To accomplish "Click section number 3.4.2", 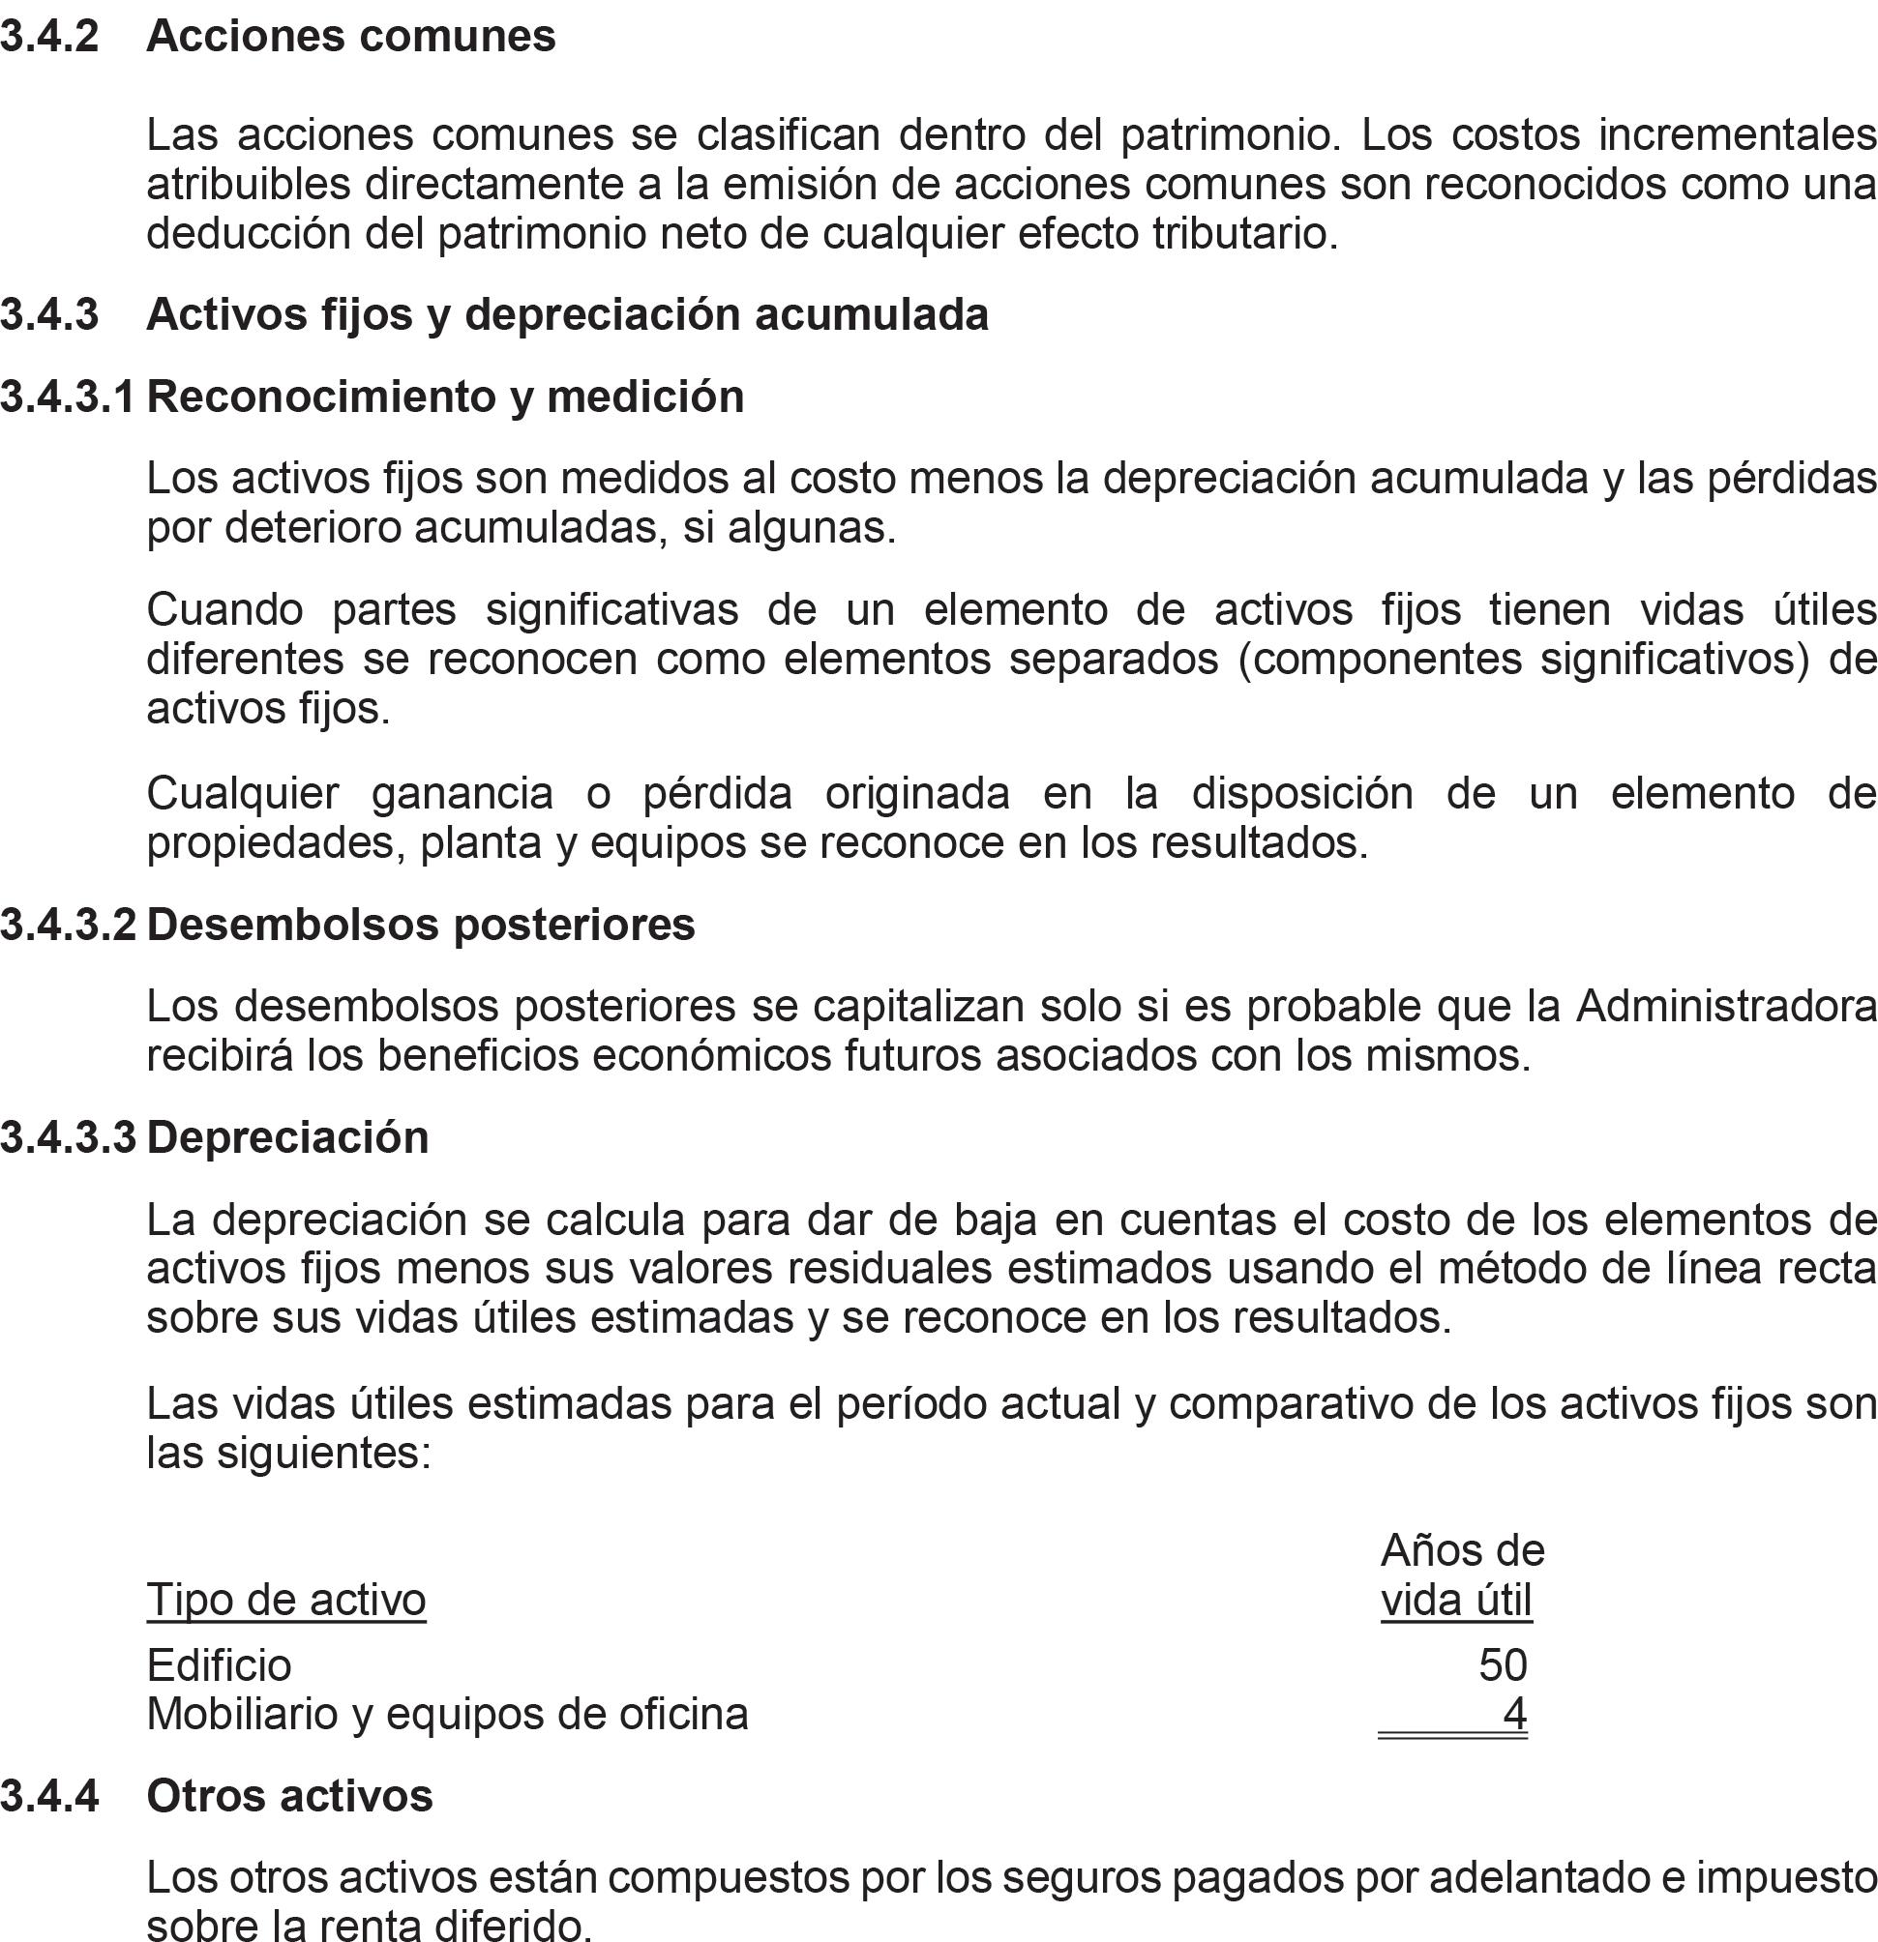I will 49,37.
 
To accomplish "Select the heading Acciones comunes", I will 351,37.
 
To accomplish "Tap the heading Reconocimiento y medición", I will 445,397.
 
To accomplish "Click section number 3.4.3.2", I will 69,925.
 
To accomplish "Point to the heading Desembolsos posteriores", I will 420,925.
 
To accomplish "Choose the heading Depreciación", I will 287,1137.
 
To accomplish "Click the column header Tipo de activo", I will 286,1601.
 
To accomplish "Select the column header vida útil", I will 1456,1601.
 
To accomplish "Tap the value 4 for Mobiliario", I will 1514,1714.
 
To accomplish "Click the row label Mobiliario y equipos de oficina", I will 447,1714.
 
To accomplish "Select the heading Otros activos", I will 289,1795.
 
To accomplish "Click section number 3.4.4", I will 49,1795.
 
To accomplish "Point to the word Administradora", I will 1725,1006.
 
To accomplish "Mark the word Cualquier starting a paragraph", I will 243,793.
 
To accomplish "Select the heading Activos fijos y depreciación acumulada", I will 567,314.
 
